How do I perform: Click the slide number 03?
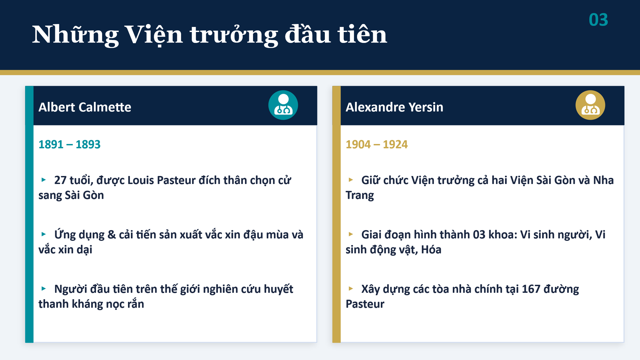(x=598, y=20)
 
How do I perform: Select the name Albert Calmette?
(x=85, y=107)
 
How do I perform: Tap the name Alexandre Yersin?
(x=394, y=107)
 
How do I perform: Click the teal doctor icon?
(x=283, y=105)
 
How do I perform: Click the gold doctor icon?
(x=590, y=105)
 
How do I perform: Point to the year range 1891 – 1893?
(x=69, y=144)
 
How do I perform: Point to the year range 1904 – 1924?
(x=377, y=144)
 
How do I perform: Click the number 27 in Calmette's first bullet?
(x=60, y=180)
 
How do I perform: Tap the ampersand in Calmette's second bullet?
(x=112, y=235)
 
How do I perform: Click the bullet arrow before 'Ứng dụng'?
(x=44, y=234)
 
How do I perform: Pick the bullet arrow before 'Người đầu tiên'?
(x=44, y=289)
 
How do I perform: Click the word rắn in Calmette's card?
(x=135, y=304)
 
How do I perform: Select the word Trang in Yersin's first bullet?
(x=360, y=196)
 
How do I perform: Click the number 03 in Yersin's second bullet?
(x=479, y=235)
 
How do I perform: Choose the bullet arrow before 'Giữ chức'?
(x=351, y=180)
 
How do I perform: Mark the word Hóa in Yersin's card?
(x=431, y=250)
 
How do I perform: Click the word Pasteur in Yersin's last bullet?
(x=365, y=304)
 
